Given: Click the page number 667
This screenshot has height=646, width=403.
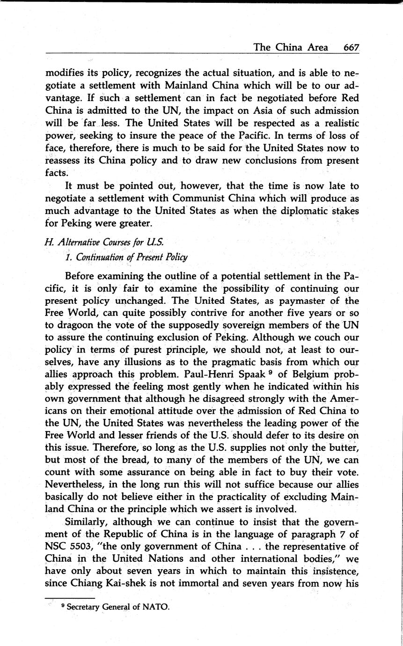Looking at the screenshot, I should (x=351, y=47).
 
